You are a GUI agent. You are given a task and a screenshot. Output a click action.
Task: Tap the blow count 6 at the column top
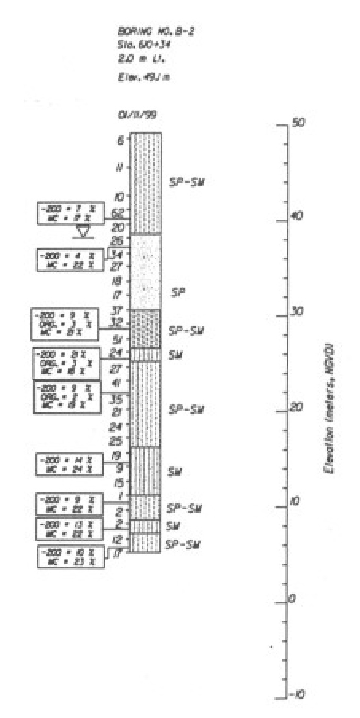(x=121, y=141)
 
